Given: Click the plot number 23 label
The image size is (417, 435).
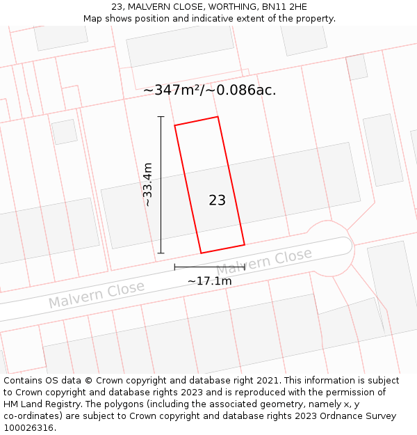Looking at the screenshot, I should pyautogui.click(x=217, y=200).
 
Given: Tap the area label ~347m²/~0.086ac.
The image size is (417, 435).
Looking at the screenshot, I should pyautogui.click(x=210, y=90).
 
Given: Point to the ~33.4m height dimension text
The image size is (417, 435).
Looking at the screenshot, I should pyautogui.click(x=147, y=184).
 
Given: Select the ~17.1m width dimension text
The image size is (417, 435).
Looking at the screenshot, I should pyautogui.click(x=209, y=281).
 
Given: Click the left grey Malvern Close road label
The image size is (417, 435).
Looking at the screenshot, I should pyautogui.click(x=96, y=294).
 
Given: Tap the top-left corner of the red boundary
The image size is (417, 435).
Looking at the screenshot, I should pyautogui.click(x=174, y=125).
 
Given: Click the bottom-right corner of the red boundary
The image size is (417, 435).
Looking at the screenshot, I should pyautogui.click(x=245, y=244).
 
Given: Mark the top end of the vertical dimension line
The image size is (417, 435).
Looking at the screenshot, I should pyautogui.click(x=161, y=117).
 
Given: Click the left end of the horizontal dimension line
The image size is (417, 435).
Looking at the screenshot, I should pyautogui.click(x=174, y=267).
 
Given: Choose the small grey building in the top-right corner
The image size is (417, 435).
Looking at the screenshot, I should pyautogui.click(x=357, y=67).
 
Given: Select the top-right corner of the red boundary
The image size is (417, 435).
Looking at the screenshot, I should pyautogui.click(x=218, y=116).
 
